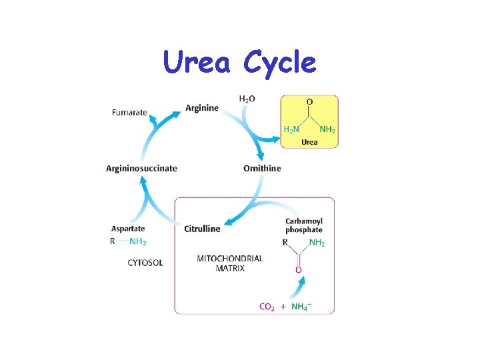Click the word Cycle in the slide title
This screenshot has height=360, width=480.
pyautogui.click(x=279, y=63)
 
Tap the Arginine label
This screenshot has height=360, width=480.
pyautogui.click(x=202, y=108)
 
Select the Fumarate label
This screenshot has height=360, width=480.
pyautogui.click(x=129, y=112)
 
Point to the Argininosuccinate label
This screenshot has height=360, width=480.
pyautogui.click(x=141, y=168)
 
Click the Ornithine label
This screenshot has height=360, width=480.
pyautogui.click(x=262, y=168)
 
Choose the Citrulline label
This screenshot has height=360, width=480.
pyautogui.click(x=202, y=229)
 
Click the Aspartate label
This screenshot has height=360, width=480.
pyautogui.click(x=129, y=229)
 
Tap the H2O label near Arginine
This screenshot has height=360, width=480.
pyautogui.click(x=247, y=99)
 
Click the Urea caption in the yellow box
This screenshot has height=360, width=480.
pyautogui.click(x=309, y=142)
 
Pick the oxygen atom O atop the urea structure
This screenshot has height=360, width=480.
pyautogui.click(x=309, y=102)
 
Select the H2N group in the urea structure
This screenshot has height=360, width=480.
pyautogui.click(x=292, y=129)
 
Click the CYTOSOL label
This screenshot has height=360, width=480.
pyautogui.click(x=145, y=263)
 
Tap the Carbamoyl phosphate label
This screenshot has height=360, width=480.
pyautogui.click(x=304, y=225)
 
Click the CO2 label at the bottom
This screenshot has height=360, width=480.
pyautogui.click(x=267, y=307)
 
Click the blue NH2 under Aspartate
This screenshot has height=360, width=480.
pyautogui.click(x=139, y=241)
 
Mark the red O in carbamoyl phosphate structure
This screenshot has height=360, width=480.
pyautogui.click(x=298, y=270)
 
